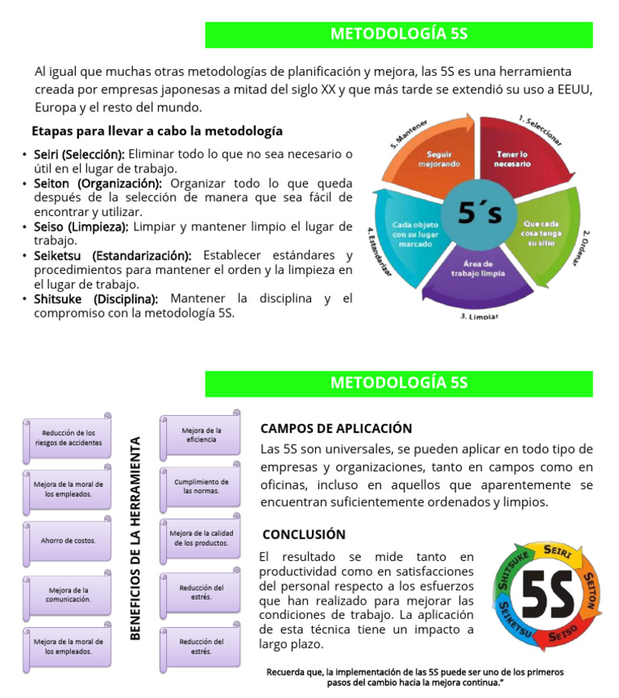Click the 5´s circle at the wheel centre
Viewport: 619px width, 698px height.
480,213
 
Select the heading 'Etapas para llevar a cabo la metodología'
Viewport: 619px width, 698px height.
157,131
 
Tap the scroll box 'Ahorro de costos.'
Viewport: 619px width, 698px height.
69,540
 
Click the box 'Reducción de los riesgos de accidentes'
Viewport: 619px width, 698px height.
69,438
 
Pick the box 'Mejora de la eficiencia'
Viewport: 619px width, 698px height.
201,434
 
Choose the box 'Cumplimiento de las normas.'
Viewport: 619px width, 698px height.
201,486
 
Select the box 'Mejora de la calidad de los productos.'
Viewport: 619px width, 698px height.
201,538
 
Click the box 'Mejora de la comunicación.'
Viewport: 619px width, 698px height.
69,595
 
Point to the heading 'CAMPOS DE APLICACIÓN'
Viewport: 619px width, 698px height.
336,429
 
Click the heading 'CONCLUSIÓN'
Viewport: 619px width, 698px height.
304,534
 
